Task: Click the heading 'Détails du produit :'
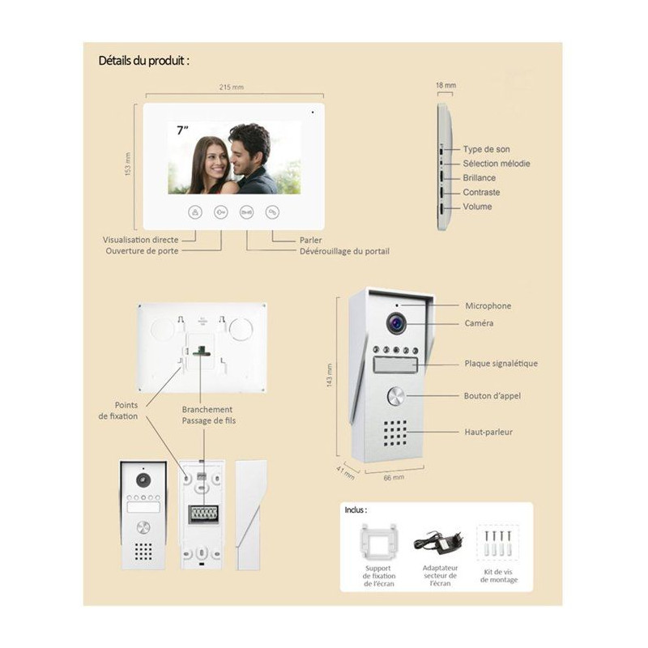[x=144, y=61]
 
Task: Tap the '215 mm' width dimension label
[x=232, y=87]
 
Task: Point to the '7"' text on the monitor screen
[x=182, y=130]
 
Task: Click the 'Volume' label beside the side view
[x=477, y=207]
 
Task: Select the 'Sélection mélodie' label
[x=497, y=164]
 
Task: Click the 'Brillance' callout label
[x=479, y=177]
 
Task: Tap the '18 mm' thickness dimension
[x=446, y=85]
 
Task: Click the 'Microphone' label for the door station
[x=488, y=306]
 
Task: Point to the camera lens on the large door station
[x=396, y=323]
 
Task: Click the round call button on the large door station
[x=396, y=396]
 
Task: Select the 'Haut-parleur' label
[x=488, y=432]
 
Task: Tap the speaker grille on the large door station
[x=394, y=433]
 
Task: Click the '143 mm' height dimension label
[x=330, y=375]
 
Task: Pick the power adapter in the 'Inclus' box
[x=438, y=543]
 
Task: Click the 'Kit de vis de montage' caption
[x=498, y=576]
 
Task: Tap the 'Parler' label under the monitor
[x=311, y=240]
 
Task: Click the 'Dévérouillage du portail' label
[x=345, y=251]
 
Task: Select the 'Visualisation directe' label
[x=140, y=240]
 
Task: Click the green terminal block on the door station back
[x=203, y=514]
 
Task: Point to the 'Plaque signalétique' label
[x=501, y=364]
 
